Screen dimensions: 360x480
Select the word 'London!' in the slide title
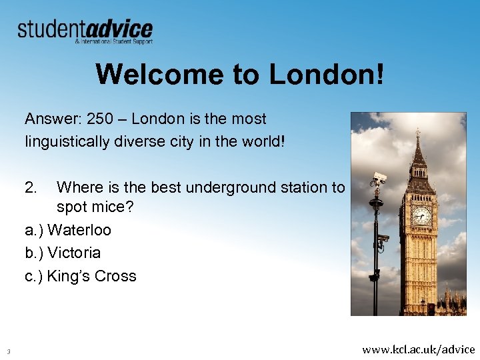327,75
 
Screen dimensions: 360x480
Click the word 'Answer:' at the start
53,119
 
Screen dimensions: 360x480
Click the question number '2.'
32,188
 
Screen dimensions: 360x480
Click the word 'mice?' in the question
113,207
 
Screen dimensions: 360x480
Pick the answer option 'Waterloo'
79,231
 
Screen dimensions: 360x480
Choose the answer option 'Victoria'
74,253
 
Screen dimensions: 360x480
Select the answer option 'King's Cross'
91,277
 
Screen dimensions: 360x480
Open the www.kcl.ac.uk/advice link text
419,349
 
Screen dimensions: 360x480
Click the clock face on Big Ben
421,215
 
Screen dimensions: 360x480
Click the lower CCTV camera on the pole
383,237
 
